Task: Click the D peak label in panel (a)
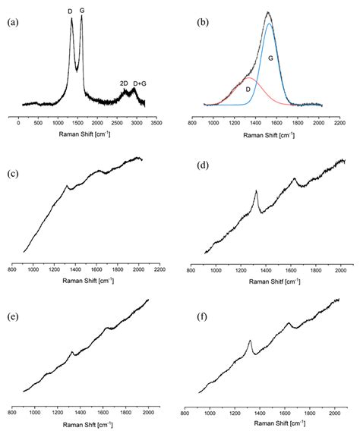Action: coord(71,11)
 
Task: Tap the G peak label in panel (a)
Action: coord(81,11)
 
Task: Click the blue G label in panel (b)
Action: coord(270,57)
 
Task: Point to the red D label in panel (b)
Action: coord(248,89)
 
